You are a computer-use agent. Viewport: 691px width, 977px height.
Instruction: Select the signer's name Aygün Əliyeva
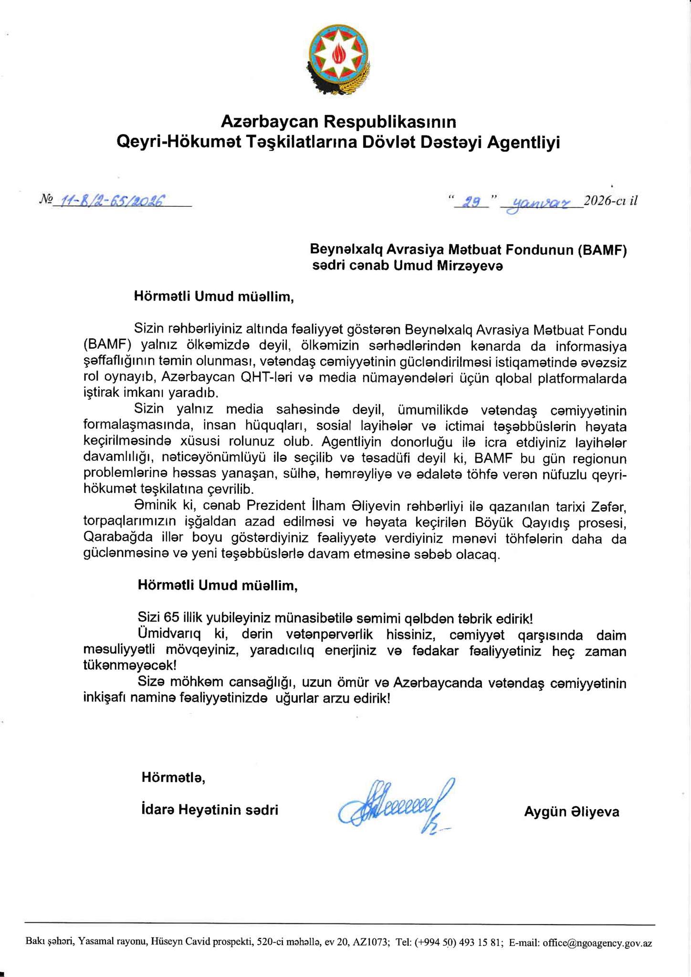click(572, 811)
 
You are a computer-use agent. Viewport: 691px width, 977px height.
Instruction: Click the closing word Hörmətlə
click(173, 778)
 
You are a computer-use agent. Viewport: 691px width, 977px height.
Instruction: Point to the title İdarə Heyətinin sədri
click(209, 810)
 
